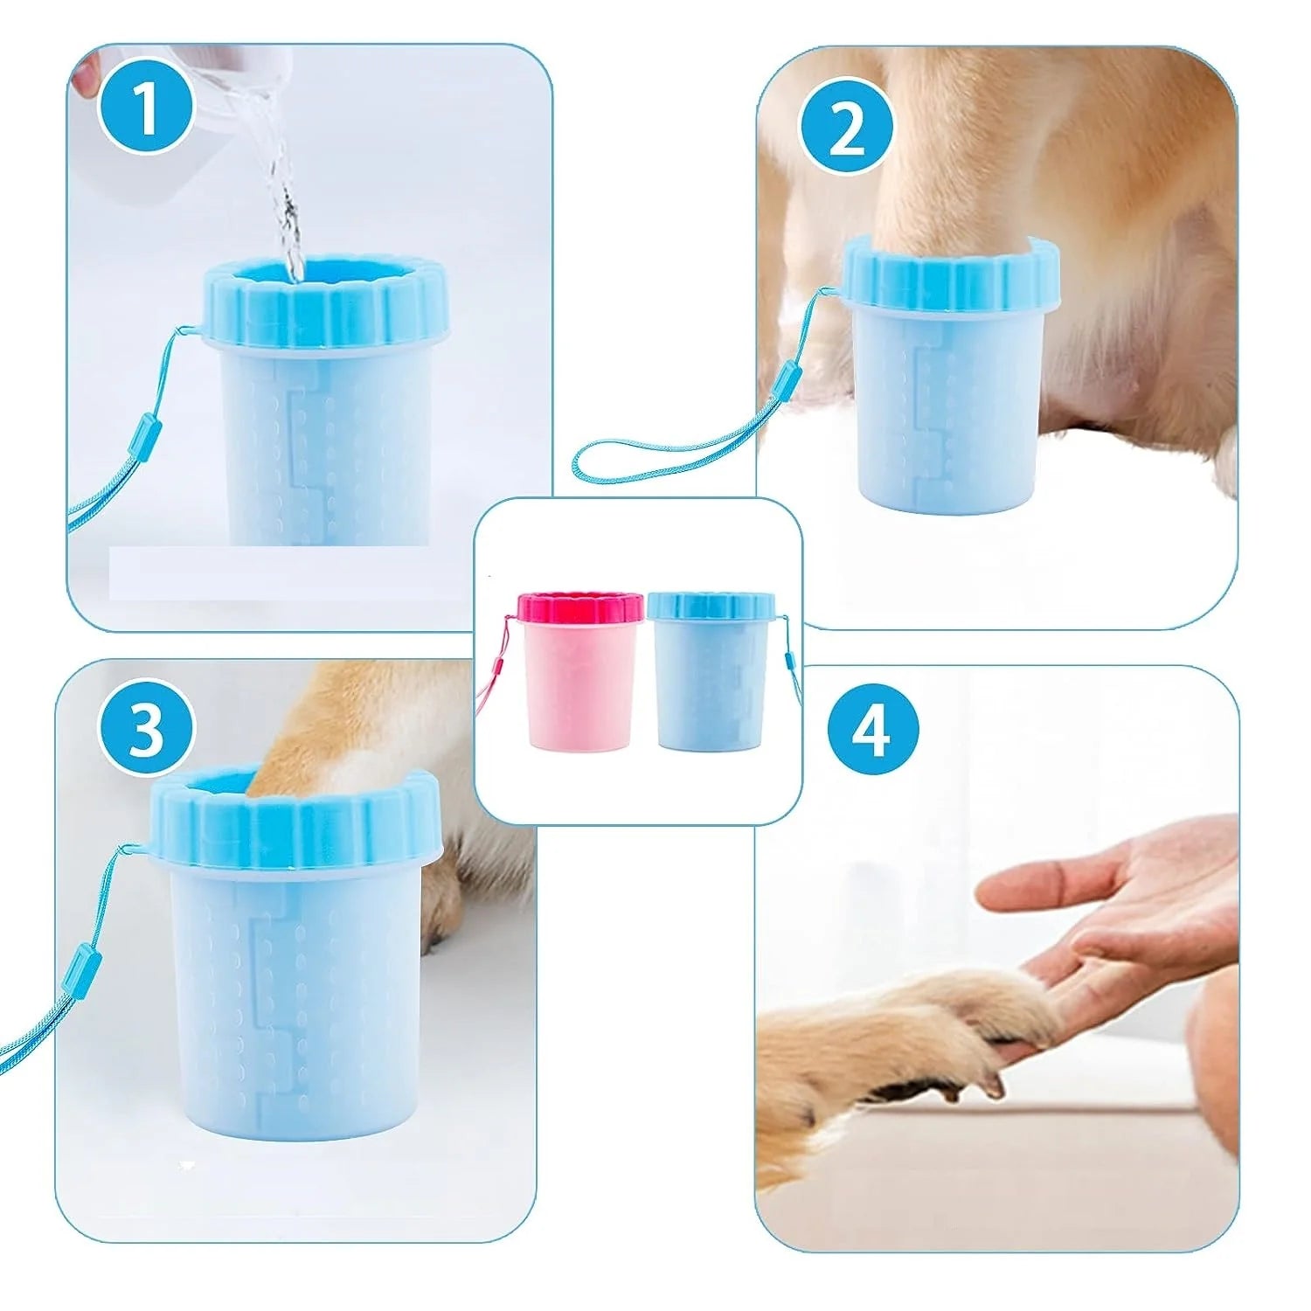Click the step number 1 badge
(x=145, y=107)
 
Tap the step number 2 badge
(x=845, y=131)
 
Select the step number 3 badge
(x=145, y=728)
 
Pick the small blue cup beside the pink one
(x=711, y=669)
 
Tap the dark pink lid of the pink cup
(x=580, y=608)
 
